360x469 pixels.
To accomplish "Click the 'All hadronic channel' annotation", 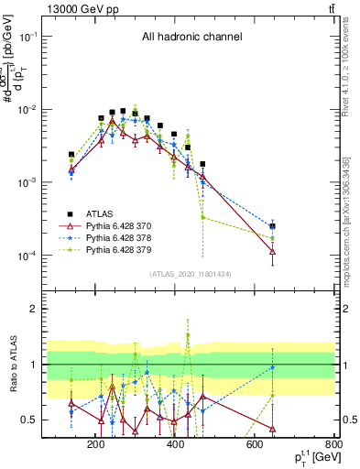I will (191, 38).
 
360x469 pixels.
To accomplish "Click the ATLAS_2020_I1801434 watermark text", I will (191, 275).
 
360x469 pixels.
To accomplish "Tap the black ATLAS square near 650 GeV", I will (273, 225).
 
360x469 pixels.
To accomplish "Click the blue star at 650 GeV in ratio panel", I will (273, 367).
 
